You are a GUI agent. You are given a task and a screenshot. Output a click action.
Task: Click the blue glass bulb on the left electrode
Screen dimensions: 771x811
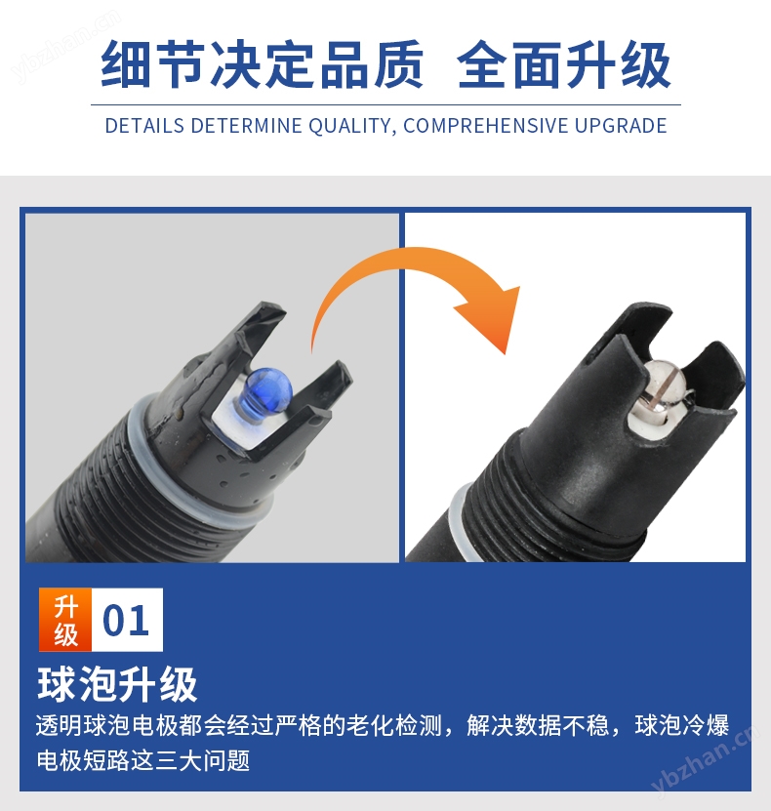(267, 389)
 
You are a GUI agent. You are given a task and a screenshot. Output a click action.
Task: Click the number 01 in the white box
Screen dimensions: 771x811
(126, 620)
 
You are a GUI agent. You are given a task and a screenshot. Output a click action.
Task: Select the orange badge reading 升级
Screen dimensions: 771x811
(65, 620)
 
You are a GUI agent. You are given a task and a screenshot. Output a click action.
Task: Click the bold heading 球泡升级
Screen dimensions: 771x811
(117, 684)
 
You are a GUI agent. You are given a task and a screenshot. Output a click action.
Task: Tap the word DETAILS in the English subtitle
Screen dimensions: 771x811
(144, 126)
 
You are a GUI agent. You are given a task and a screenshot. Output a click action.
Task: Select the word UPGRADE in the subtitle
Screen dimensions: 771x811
(621, 126)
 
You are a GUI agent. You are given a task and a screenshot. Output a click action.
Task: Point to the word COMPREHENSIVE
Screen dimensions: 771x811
(486, 126)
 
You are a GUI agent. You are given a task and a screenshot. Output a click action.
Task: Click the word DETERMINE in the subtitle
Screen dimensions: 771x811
(246, 126)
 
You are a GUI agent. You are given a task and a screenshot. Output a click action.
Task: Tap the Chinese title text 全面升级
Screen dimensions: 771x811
(564, 65)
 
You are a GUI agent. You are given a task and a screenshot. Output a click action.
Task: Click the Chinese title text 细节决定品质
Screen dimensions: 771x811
(262, 64)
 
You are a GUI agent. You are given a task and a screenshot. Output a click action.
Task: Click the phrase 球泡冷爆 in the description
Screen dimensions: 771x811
(681, 725)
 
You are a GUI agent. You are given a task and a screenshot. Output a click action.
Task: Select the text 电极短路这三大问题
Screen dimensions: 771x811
(143, 760)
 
